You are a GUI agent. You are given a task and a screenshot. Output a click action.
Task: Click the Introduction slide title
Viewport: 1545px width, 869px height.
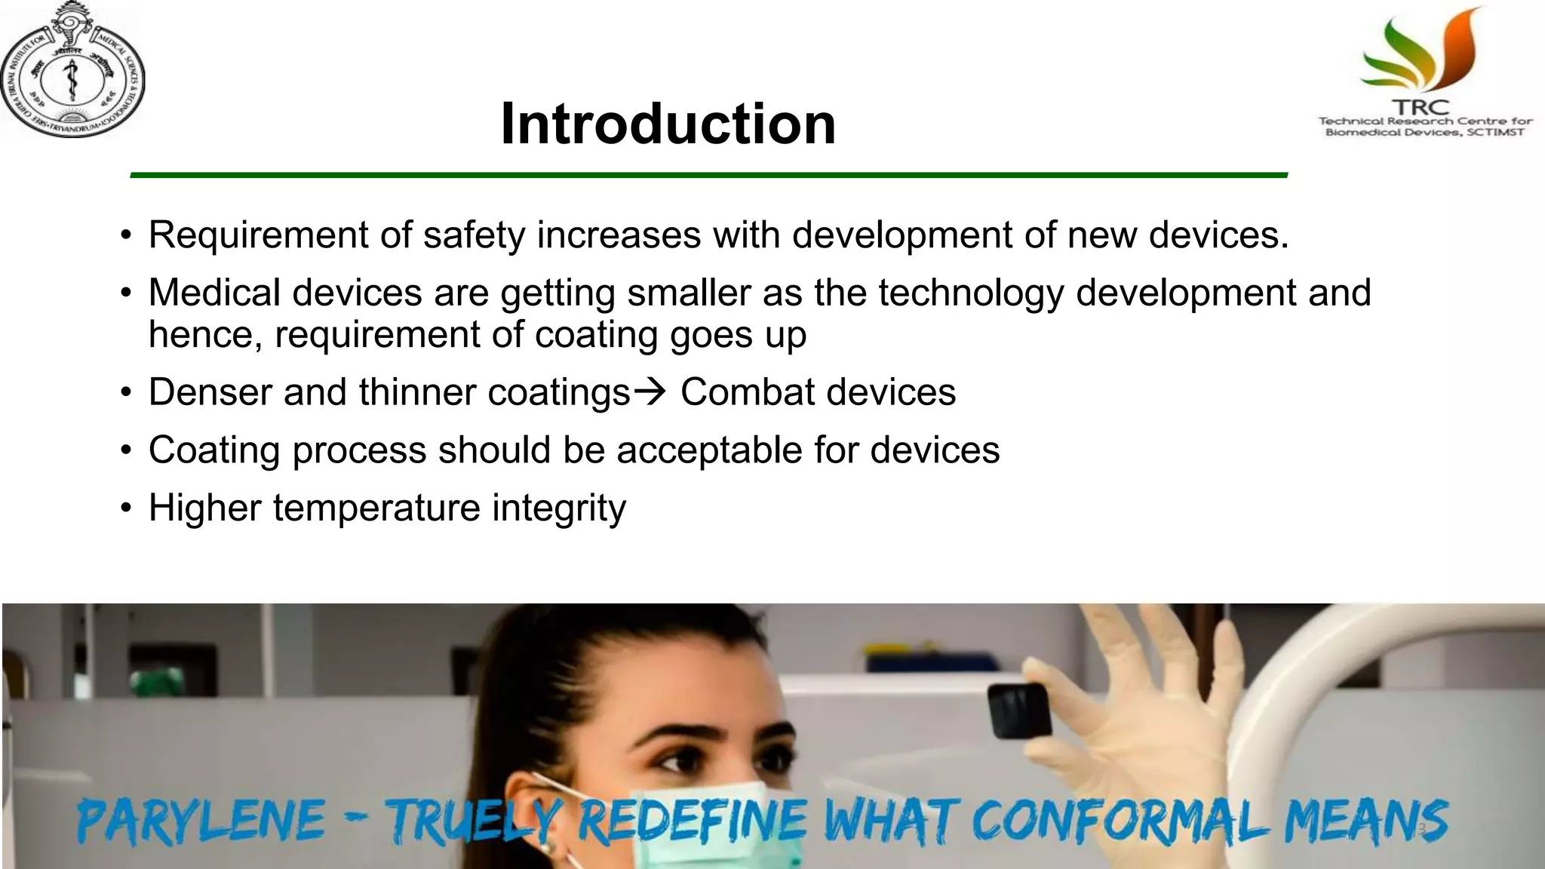(x=668, y=124)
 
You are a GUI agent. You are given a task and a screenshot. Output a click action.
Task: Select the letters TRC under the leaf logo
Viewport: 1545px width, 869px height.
(x=1421, y=108)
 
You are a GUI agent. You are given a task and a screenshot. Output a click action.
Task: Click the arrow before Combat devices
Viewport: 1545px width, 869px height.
(x=650, y=392)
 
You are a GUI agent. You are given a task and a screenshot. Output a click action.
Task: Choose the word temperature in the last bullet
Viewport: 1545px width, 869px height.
(x=376, y=508)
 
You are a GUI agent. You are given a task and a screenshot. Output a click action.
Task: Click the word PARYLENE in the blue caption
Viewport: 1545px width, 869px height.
(x=201, y=821)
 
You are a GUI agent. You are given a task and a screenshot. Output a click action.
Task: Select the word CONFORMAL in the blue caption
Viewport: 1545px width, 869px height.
(x=1120, y=821)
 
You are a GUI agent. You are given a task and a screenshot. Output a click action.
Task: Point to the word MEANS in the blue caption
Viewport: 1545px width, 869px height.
(x=1365, y=821)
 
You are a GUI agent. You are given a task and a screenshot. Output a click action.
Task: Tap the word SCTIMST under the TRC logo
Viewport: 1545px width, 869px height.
(x=1496, y=133)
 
